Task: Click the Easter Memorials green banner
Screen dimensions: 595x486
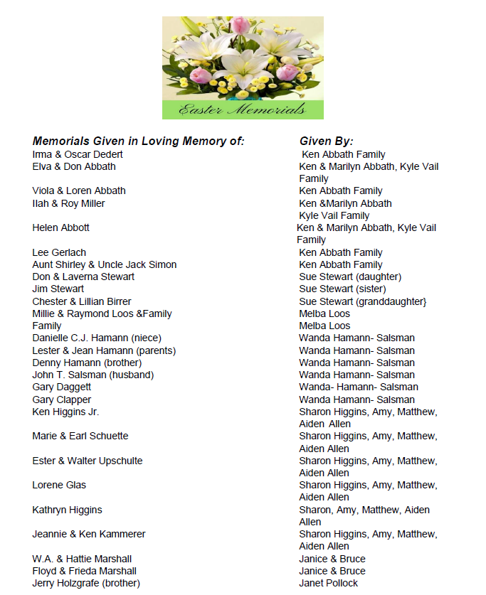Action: pos(243,109)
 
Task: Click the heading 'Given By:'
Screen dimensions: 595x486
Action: pos(326,141)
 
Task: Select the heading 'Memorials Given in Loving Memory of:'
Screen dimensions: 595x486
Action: pos(138,141)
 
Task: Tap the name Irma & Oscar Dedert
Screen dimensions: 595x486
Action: pos(78,154)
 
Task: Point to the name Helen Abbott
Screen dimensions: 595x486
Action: pos(60,227)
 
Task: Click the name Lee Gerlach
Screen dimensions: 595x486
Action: pos(59,252)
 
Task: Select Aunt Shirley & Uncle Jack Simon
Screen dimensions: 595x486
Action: pos(104,264)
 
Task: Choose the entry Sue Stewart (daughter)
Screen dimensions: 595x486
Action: pos(350,277)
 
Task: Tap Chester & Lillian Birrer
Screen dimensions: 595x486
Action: pos(82,301)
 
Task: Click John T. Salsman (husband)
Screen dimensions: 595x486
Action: pos(93,375)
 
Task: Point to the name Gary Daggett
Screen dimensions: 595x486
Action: pos(61,387)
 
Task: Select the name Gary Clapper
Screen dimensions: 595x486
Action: pos(61,400)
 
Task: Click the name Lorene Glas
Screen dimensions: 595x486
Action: pos(59,485)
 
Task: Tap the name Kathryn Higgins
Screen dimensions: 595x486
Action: pos(67,510)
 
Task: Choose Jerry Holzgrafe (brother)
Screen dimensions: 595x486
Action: pos(86,583)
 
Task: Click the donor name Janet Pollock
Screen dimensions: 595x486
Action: pos(328,583)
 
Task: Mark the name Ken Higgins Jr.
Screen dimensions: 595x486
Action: pos(65,412)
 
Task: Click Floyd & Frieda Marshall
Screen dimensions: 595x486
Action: pos(84,571)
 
